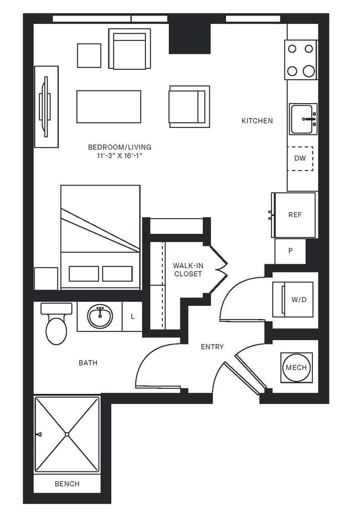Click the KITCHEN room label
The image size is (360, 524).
257,121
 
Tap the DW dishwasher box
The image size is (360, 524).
300,158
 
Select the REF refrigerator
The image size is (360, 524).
295,215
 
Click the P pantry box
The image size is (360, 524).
290,251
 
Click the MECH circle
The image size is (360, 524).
296,368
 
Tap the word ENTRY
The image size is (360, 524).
212,347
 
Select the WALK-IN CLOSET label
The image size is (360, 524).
188,270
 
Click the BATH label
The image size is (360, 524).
88,363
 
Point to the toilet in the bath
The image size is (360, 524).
56,327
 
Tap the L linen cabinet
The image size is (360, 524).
132,317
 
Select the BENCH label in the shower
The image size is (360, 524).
67,484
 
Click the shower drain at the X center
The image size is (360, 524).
66,434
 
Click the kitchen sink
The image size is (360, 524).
303,119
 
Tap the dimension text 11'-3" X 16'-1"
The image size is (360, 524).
120,156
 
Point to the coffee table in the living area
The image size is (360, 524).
109,106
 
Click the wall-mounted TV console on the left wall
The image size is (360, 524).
46,106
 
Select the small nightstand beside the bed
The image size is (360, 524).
46,279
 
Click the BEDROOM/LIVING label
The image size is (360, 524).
120,147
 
